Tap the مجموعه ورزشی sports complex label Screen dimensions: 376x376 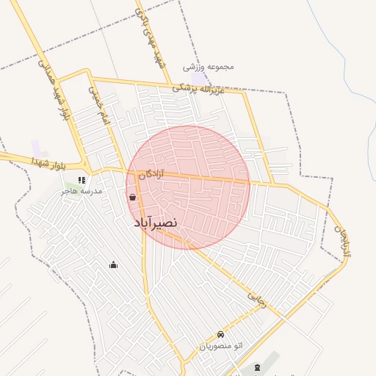(x=210, y=67)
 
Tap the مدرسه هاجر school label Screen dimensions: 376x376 (x=82, y=190)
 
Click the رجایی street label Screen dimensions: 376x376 (x=256, y=300)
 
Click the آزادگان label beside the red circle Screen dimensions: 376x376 (x=151, y=174)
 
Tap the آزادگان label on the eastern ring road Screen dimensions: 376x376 (x=342, y=243)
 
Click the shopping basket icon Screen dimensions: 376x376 (x=132, y=197)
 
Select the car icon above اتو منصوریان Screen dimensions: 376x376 (x=220, y=333)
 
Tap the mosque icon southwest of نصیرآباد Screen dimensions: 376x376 (x=113, y=264)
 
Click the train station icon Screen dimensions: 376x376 (x=257, y=367)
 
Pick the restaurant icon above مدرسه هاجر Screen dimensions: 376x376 (x=82, y=179)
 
